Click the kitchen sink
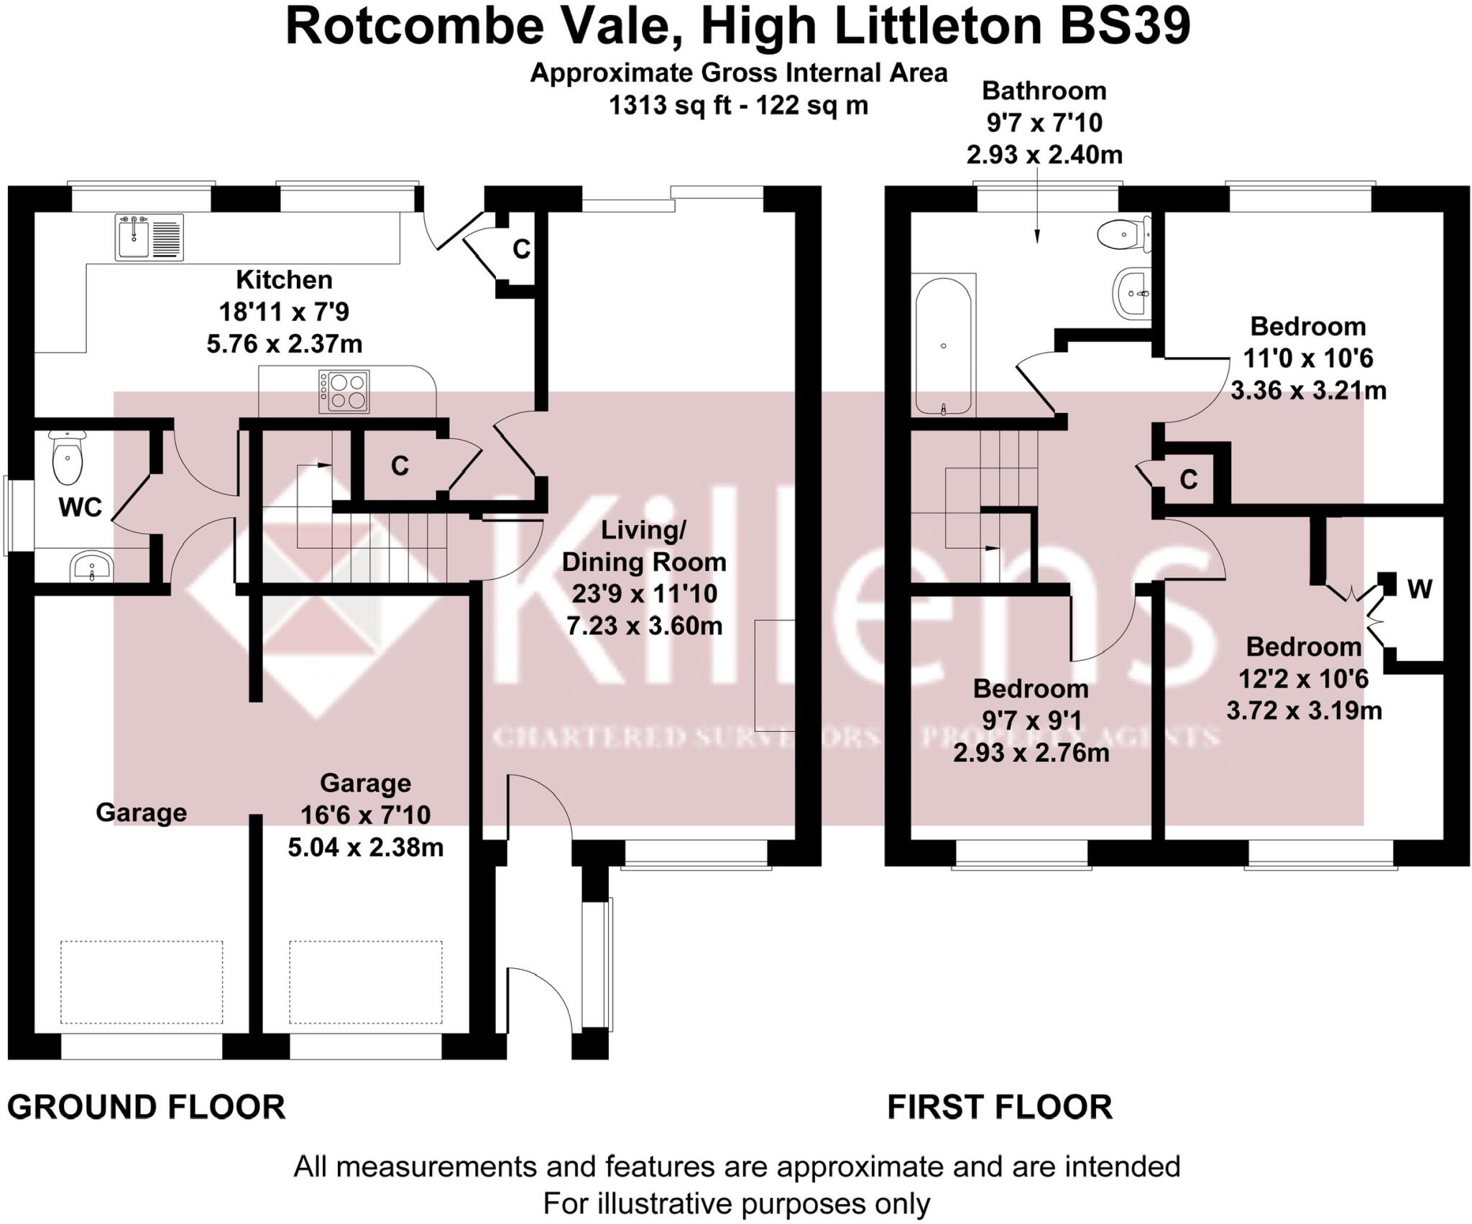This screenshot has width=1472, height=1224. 133,238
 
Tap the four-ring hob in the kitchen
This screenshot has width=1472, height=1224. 344,391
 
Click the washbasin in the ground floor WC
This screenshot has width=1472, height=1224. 91,567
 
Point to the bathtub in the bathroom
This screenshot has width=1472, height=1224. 943,346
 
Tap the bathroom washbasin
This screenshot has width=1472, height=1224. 1132,292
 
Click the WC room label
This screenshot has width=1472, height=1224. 80,507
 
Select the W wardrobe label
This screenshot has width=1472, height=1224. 1420,589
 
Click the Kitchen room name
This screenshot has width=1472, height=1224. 284,279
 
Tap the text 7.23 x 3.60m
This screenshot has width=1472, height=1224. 644,626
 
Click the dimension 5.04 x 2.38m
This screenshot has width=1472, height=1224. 365,848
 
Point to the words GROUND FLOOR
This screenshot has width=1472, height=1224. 147,1107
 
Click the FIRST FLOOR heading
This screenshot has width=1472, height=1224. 1000,1107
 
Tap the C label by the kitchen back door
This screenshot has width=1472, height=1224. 521,249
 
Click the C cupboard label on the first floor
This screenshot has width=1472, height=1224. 1189,479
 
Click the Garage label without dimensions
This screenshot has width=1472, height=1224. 141,812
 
